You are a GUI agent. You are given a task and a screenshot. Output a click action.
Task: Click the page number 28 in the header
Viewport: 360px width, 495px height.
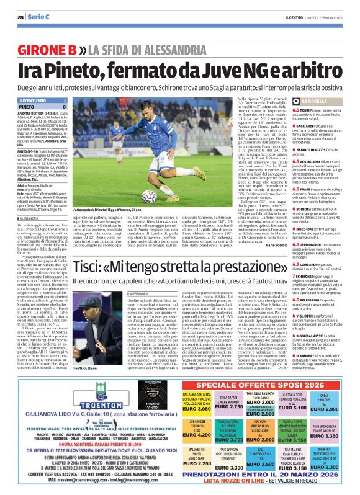tap(20, 17)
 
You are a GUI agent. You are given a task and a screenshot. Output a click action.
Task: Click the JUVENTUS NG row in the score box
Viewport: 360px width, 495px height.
tap(42, 99)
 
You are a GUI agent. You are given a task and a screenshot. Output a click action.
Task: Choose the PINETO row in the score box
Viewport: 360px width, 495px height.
tap(42, 106)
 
